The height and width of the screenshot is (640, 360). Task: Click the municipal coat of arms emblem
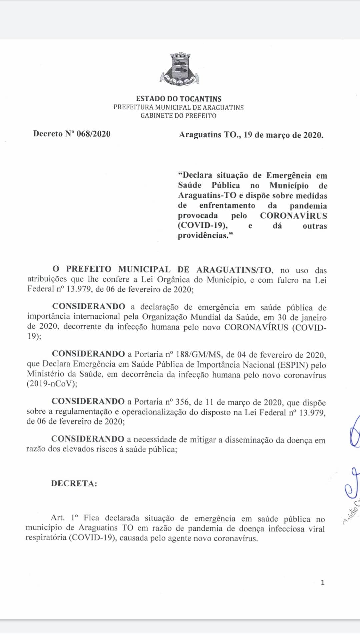click(x=180, y=69)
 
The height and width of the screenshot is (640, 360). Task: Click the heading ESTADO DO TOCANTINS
click(x=179, y=99)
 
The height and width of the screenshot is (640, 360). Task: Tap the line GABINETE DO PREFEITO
click(x=178, y=116)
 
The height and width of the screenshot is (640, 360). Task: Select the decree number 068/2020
click(x=93, y=134)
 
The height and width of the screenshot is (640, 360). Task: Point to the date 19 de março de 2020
click(x=283, y=135)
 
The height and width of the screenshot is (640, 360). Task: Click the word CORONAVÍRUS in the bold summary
click(x=293, y=216)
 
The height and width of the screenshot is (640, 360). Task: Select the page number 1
click(x=322, y=582)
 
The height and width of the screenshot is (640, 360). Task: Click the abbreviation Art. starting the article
click(x=57, y=518)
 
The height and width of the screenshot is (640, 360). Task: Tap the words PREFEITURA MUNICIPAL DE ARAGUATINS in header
click(x=178, y=107)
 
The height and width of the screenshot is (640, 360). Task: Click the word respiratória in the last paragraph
click(x=46, y=538)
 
